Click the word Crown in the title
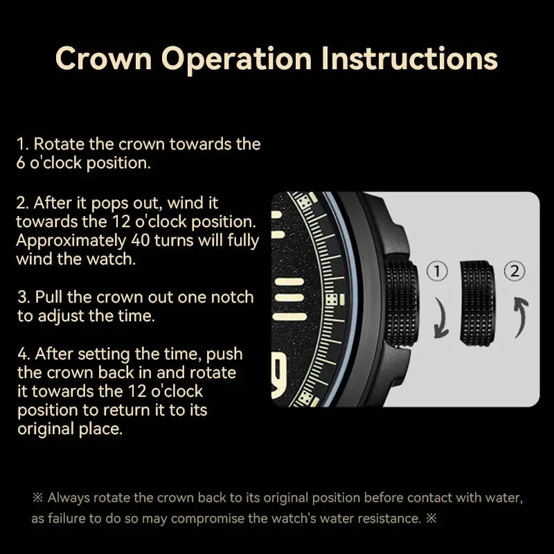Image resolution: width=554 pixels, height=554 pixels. [x=103, y=59]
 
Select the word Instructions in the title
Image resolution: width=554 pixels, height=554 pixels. [x=409, y=59]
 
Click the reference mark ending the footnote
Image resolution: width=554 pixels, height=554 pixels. [x=431, y=518]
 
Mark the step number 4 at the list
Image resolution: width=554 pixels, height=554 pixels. [x=23, y=354]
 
